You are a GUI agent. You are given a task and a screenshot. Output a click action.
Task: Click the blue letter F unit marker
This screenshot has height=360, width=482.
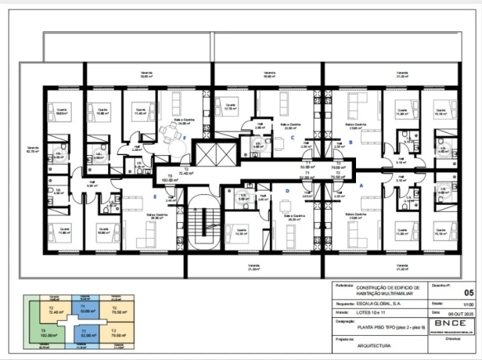pyautogui.click(x=185, y=139)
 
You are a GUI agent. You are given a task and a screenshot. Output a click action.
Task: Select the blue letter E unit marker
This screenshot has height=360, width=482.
pyautogui.click(x=154, y=197)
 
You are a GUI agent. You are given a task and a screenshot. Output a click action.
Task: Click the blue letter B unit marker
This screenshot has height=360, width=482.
pyautogui.click(x=350, y=142)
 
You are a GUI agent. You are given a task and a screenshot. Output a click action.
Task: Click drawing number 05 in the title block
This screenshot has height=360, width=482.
pyautogui.click(x=468, y=292)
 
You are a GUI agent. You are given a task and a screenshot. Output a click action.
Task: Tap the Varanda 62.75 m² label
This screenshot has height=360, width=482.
pyautogui.click(x=33, y=149)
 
